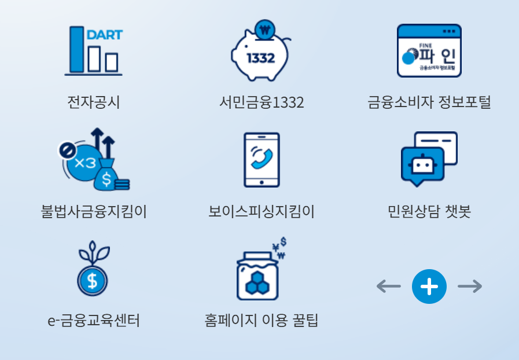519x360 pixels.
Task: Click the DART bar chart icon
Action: tap(94, 50)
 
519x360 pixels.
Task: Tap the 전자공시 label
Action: tap(94, 103)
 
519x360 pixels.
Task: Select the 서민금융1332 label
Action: tap(262, 103)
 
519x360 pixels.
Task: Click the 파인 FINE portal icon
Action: tap(429, 51)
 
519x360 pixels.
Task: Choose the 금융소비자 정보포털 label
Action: tap(429, 103)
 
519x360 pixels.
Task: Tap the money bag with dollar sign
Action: tap(109, 175)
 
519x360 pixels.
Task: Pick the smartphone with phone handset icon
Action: tap(262, 160)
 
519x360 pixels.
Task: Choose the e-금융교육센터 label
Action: tap(94, 320)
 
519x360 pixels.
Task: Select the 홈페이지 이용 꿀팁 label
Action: tap(262, 320)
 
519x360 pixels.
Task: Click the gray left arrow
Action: tap(388, 286)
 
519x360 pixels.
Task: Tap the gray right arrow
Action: tap(469, 286)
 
